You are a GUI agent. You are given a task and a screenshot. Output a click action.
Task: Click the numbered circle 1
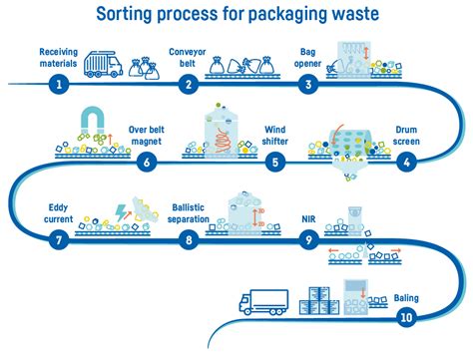click(60, 86)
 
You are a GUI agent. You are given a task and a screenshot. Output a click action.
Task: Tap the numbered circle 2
click(187, 86)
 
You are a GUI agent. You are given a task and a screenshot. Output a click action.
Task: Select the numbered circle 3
click(311, 86)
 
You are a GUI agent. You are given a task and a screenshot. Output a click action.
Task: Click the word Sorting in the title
click(127, 15)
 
